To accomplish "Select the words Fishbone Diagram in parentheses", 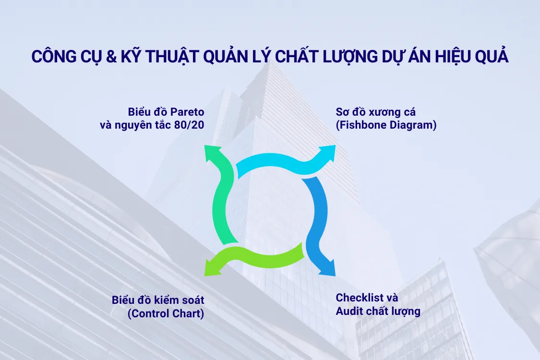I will (x=386, y=126).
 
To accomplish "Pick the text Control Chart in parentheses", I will (x=166, y=314).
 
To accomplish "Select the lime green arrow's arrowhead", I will (x=212, y=268).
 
